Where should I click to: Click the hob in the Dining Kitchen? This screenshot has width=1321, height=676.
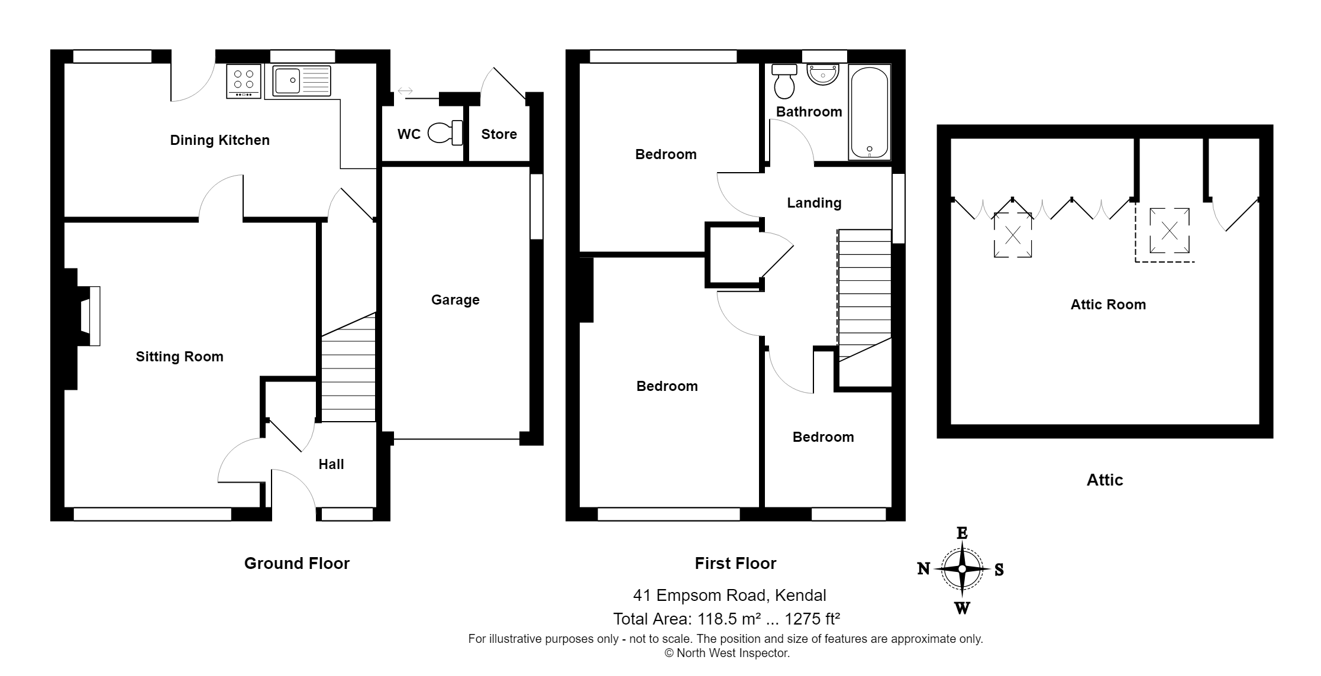pyautogui.click(x=243, y=82)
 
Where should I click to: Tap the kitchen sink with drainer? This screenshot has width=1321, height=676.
pyautogui.click(x=302, y=81)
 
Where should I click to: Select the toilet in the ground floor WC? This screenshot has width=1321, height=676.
pyautogui.click(x=445, y=133)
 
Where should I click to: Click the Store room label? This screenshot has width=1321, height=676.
pyautogui.click(x=499, y=134)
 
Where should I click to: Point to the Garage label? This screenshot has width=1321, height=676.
pyautogui.click(x=455, y=300)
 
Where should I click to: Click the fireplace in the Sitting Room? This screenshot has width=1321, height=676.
pyautogui.click(x=89, y=316)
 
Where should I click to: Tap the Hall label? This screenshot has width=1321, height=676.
pyautogui.click(x=331, y=464)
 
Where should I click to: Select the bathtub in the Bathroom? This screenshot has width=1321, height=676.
pyautogui.click(x=869, y=112)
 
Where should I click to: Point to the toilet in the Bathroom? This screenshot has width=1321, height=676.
pyautogui.click(x=785, y=82)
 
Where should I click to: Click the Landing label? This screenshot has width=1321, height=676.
pyautogui.click(x=814, y=203)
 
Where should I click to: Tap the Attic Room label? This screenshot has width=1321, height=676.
pyautogui.click(x=1108, y=305)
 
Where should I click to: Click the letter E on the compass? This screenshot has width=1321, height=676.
pyautogui.click(x=962, y=533)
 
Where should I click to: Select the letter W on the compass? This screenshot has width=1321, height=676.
pyautogui.click(x=962, y=607)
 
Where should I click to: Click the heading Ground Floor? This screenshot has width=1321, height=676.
pyautogui.click(x=296, y=563)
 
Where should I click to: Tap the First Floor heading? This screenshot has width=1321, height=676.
pyautogui.click(x=735, y=563)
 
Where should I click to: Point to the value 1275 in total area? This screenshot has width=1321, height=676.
pyautogui.click(x=802, y=619)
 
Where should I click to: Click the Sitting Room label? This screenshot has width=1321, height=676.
pyautogui.click(x=179, y=357)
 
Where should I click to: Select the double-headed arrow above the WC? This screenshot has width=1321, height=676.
pyautogui.click(x=405, y=91)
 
